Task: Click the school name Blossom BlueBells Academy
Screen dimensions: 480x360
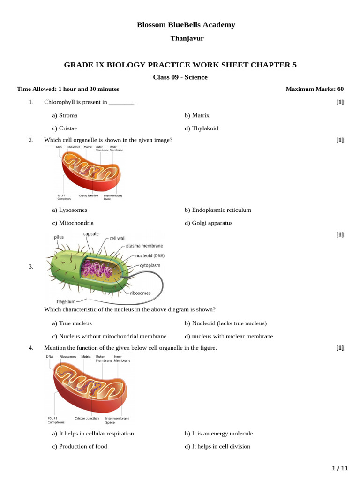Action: tap(186, 25)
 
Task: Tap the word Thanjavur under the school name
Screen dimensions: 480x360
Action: tap(187, 38)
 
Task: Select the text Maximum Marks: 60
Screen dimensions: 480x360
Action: tap(315, 89)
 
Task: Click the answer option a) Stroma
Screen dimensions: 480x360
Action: tap(65, 115)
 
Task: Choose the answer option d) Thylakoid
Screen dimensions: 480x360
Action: tap(201, 128)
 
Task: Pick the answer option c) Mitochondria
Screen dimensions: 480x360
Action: tap(73, 223)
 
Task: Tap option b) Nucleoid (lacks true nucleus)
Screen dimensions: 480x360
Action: tap(225, 323)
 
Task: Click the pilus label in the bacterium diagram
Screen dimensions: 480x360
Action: tap(59, 237)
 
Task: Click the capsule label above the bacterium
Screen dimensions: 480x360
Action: tap(91, 234)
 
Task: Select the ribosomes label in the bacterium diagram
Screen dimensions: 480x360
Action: tap(141, 293)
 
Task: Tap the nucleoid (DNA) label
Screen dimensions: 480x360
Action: tap(153, 256)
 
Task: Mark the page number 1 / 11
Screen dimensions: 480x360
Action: tap(340, 468)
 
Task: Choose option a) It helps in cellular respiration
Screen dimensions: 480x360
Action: tap(93, 434)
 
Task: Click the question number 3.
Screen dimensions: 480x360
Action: tap(31, 267)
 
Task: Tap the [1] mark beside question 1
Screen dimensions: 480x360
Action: tap(340, 102)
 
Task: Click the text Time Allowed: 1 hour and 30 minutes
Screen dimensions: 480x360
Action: tap(68, 89)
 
